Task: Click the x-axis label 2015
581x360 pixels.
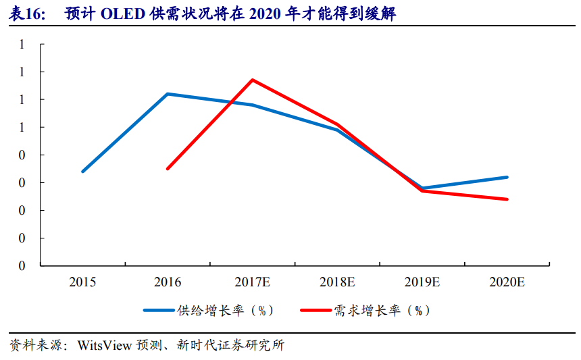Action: click(82, 282)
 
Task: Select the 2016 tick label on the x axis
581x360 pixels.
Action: click(168, 282)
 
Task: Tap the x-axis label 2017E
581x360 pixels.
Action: click(253, 282)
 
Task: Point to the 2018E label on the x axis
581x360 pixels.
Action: click(337, 282)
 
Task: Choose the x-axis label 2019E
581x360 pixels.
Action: click(422, 282)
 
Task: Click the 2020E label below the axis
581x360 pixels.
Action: click(507, 282)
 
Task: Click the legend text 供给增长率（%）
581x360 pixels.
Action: click(226, 311)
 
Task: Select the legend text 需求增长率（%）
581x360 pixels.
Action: click(382, 311)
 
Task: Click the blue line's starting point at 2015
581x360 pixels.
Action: click(82, 172)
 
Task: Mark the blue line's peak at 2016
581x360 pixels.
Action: click(168, 94)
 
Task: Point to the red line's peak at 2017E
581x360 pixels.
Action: click(253, 80)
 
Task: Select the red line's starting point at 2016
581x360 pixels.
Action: click(168, 168)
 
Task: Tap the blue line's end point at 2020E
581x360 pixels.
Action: click(507, 177)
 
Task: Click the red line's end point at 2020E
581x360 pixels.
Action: click(507, 199)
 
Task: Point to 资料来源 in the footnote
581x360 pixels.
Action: click(34, 345)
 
